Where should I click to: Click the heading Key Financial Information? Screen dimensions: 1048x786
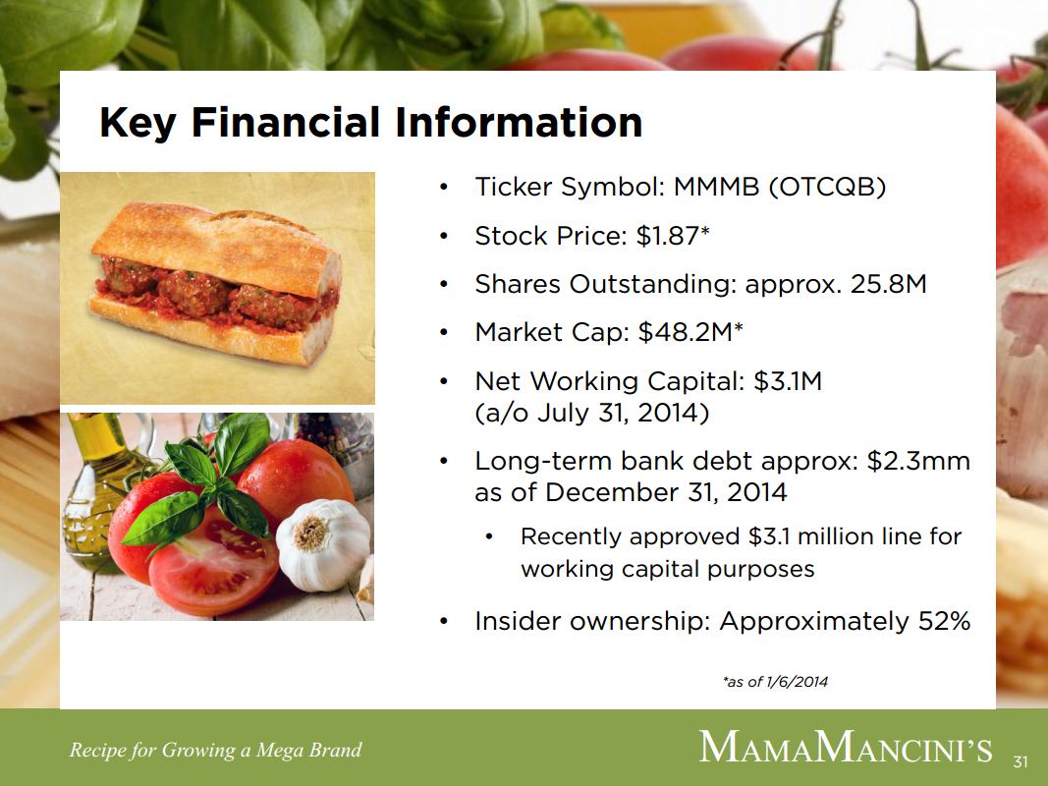[371, 123]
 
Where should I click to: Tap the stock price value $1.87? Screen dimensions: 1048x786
[668, 236]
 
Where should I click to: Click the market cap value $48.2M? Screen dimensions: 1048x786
[686, 332]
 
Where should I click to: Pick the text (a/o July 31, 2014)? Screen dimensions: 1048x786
[591, 413]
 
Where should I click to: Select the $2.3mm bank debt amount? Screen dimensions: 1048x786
[918, 461]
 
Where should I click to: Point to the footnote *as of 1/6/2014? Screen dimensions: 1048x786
[775, 682]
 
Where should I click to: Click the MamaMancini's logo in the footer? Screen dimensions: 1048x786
[846, 748]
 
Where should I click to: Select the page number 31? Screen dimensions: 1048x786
[1020, 762]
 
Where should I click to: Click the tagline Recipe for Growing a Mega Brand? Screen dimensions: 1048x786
[215, 751]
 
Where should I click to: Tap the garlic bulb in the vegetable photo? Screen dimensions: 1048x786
[323, 545]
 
